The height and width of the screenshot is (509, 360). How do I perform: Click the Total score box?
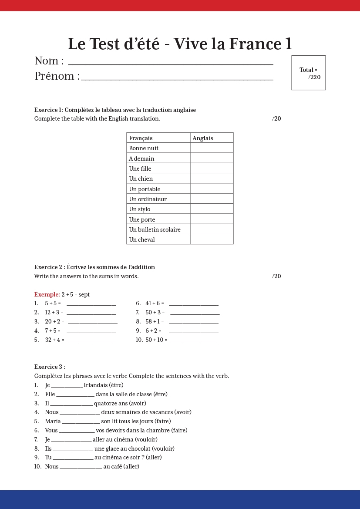point(308,73)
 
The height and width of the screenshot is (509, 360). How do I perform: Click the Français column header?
point(141,138)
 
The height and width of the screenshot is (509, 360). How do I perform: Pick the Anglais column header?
point(203,138)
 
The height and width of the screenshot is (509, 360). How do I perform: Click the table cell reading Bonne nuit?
point(144,148)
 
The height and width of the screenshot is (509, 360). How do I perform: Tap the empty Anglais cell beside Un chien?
point(212,179)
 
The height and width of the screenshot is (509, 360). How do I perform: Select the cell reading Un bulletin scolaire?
point(155,229)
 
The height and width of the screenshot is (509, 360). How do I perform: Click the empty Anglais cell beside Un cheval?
point(212,239)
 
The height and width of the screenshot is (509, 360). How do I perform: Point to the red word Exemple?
point(47,295)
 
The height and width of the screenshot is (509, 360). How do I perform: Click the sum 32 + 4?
point(54,340)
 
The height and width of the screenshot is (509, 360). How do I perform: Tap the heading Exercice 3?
point(50,367)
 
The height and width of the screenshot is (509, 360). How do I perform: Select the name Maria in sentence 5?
point(53,421)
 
